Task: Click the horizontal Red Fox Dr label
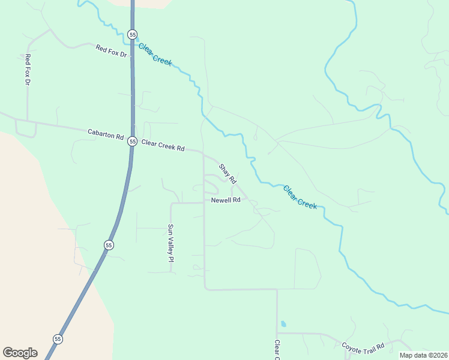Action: tap(112, 51)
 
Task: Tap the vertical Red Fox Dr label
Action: tap(27, 69)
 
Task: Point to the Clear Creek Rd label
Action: tap(163, 145)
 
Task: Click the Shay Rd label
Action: tap(228, 174)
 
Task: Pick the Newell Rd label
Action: tap(226, 200)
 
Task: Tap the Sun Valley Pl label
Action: tap(170, 244)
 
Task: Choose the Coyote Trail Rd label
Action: tap(363, 347)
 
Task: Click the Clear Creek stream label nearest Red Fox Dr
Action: tap(155, 53)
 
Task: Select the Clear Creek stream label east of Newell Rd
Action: tap(300, 197)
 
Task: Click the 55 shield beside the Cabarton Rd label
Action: tap(132, 142)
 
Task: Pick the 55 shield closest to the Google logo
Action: tap(58, 339)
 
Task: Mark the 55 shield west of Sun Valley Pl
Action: tap(108, 245)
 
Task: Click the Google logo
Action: tap(20, 353)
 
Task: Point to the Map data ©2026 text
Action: tap(423, 355)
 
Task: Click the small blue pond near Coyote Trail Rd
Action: tap(283, 324)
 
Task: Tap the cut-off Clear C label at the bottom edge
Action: tap(277, 351)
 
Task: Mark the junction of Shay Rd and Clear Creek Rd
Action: tap(203, 154)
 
